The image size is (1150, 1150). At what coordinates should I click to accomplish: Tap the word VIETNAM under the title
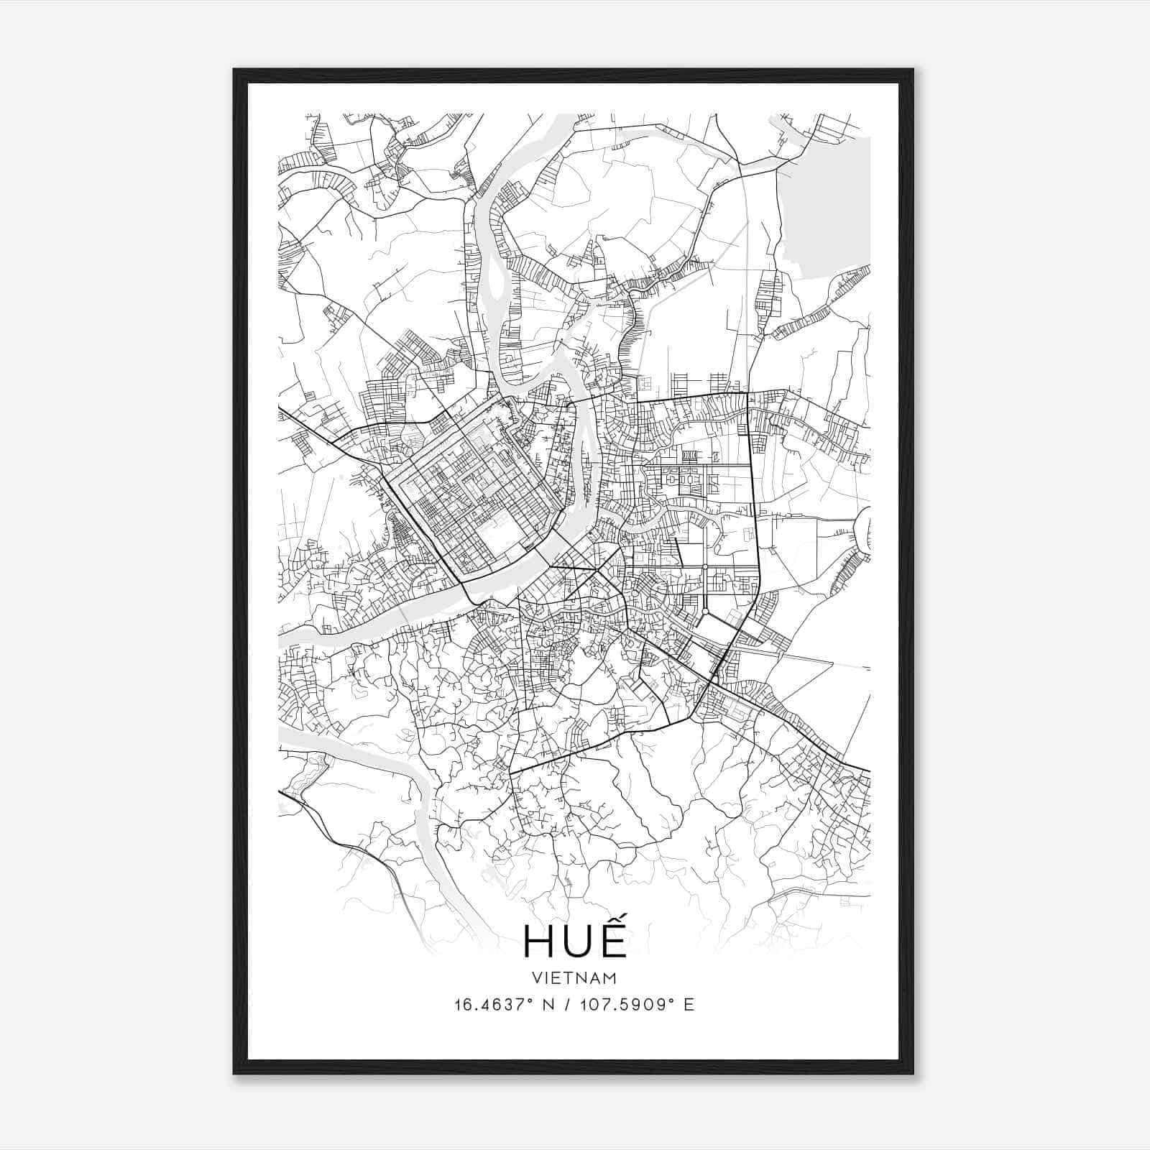coord(574,977)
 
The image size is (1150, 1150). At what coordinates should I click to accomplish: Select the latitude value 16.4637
coord(489,1005)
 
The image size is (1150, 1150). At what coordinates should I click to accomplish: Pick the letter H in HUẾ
coord(538,941)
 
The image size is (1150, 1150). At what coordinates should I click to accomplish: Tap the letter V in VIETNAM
coord(538,977)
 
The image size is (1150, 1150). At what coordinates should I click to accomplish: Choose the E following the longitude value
coord(690,1005)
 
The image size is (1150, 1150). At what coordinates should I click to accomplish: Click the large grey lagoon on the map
coord(827,208)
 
